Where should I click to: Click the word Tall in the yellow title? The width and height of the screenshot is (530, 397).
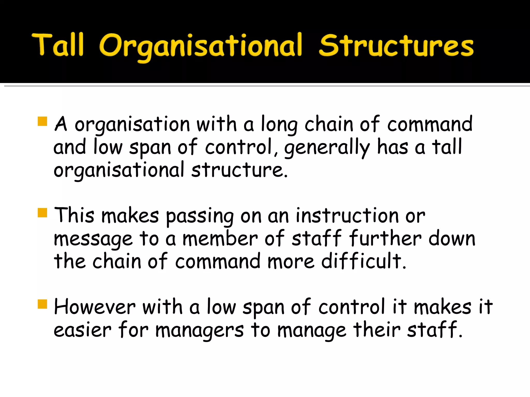pos(58,45)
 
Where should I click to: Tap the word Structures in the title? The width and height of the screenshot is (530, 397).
pos(396,45)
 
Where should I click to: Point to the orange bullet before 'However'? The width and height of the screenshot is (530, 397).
pos(42,304)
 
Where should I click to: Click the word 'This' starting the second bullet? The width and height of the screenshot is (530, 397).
pos(74,215)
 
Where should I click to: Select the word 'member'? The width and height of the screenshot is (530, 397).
pos(220,238)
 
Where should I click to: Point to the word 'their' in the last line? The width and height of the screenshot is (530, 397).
pos(377,329)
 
